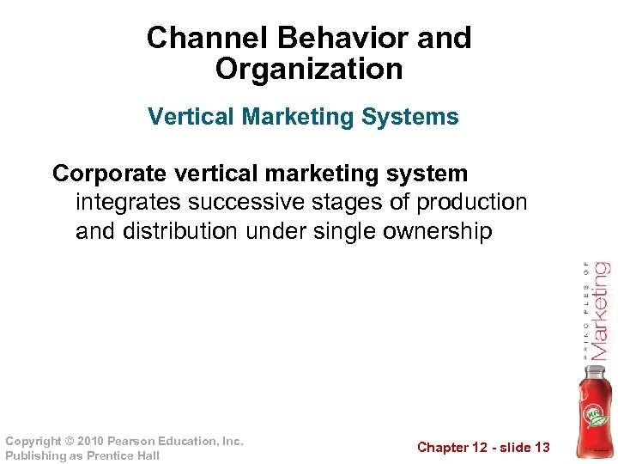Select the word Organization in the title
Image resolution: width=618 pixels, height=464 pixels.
(x=309, y=69)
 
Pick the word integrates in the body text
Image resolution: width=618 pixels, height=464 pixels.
(x=128, y=203)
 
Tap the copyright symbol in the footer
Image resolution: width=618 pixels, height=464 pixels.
(x=70, y=442)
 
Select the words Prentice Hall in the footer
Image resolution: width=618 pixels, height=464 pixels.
(x=124, y=456)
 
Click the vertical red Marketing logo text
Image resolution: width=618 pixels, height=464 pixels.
(x=600, y=309)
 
